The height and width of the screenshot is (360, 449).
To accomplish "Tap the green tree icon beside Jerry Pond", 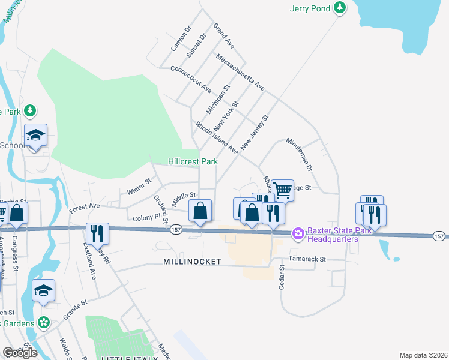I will tap(340, 8).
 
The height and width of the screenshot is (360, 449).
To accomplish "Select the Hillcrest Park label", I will tap(193, 161).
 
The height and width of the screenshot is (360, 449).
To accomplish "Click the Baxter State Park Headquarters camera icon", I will tap(298, 233).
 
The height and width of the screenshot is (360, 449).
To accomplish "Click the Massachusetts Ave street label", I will tap(240, 73).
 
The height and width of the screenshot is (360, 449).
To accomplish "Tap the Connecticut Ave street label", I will tap(191, 79).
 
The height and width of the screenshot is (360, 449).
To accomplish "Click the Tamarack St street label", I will tap(306, 259).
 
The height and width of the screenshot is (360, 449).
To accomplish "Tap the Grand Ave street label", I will tap(224, 35).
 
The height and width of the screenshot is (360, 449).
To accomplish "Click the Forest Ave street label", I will tap(84, 207).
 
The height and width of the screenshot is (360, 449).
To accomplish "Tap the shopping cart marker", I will tap(283, 190).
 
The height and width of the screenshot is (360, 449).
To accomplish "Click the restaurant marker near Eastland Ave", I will tap(96, 233).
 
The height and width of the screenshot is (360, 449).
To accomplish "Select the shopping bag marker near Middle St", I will tap(200, 211).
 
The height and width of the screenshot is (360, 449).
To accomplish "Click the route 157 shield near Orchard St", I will tap(176, 229).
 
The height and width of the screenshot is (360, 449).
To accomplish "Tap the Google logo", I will tap(20, 353).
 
